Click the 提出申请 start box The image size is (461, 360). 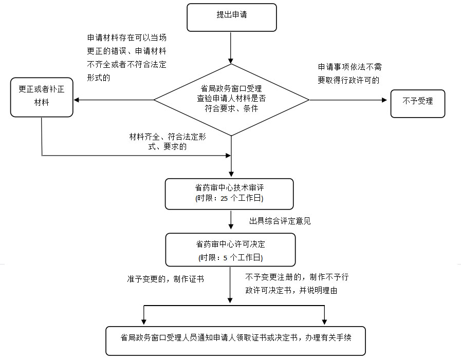pos(231,17)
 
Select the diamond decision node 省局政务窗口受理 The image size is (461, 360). pos(231,99)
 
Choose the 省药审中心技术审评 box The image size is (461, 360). pos(229,194)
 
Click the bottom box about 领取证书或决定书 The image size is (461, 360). pos(235,340)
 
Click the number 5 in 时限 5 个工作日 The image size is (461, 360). pos(225,257)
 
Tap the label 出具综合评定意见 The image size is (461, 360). pos(280,221)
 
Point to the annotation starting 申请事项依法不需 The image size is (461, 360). pos(349,73)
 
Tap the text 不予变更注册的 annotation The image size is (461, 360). pos(297,283)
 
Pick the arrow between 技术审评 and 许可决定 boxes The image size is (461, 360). pos(231,221)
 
